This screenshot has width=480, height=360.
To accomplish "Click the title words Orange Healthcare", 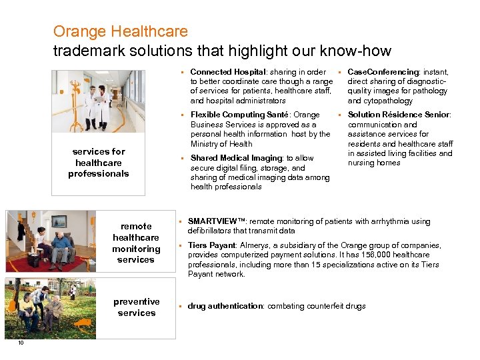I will coord(120,31).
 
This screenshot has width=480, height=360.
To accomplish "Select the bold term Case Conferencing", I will coord(383,72).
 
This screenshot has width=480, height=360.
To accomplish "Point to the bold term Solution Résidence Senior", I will coord(399,115).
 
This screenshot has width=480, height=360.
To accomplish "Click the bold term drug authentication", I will coord(225,306).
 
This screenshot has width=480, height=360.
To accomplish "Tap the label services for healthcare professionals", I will coord(99,163).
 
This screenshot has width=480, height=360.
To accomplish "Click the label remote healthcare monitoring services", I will coord(136,243).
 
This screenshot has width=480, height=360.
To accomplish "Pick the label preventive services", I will coord(137,307).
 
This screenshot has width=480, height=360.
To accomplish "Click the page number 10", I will coord(21,343).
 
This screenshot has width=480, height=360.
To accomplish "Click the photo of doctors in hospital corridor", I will coord(99,101).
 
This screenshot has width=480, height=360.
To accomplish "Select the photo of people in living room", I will coord(51,241).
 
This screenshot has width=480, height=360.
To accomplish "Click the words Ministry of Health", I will coord(221,143).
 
